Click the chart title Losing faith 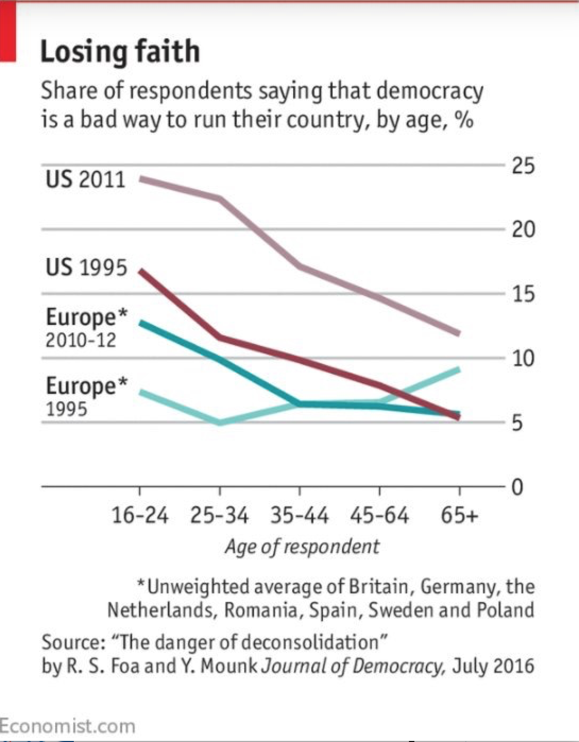(120, 52)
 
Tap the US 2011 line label (85, 179)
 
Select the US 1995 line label (86, 267)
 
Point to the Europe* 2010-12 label (86, 327)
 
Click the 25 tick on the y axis (523, 166)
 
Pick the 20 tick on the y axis (523, 230)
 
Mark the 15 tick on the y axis (523, 294)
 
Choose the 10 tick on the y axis (523, 359)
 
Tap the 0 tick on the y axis (517, 487)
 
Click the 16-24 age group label (140, 515)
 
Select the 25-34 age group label (219, 515)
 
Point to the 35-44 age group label (300, 515)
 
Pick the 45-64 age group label (379, 515)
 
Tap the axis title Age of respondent (302, 547)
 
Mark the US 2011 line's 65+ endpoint (458, 333)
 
